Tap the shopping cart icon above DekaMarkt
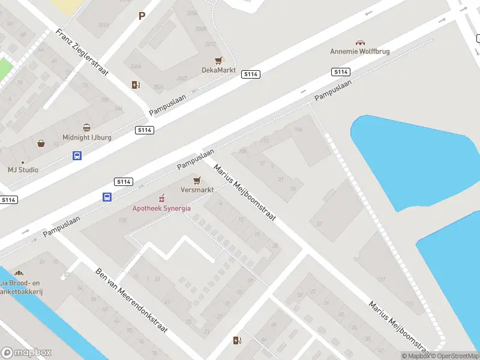click(x=219, y=61)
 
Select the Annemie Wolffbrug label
click(x=360, y=52)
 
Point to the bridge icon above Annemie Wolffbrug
click(x=360, y=43)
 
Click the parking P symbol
click(x=142, y=16)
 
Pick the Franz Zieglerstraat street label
click(x=82, y=52)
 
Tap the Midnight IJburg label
click(x=87, y=137)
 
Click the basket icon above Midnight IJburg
click(x=87, y=128)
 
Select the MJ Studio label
click(x=23, y=170)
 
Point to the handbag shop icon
click(x=41, y=143)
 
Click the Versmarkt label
click(x=197, y=190)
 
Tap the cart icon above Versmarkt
click(x=197, y=180)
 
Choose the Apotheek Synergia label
click(x=161, y=208)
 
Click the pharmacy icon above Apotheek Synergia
click(x=161, y=199)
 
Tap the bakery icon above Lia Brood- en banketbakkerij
click(x=19, y=274)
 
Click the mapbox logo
click(x=26, y=353)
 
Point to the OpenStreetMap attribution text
click(x=455, y=356)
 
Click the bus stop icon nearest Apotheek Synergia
click(x=107, y=197)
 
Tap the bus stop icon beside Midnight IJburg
click(x=77, y=155)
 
